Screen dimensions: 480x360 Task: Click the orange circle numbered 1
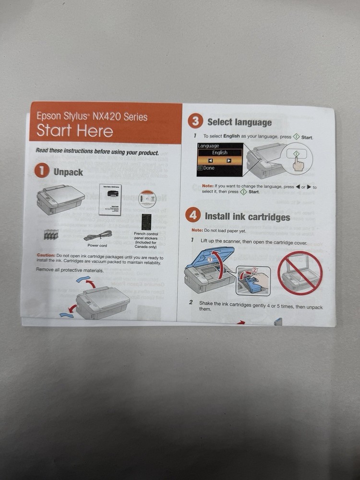coord(42,171)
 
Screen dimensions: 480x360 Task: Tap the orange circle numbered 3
coord(195,121)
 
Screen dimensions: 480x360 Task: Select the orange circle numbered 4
coord(193,216)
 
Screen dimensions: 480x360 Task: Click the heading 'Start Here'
coord(75,131)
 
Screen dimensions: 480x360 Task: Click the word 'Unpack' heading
coord(68,172)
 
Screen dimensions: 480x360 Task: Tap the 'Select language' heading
coord(239,122)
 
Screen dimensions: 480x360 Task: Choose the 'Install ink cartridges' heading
coord(247,216)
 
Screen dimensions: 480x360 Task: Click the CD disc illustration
coord(147,199)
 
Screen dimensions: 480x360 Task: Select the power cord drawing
coord(98,236)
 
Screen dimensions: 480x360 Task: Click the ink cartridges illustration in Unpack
coord(51,235)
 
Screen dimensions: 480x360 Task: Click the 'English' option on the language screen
coord(220,153)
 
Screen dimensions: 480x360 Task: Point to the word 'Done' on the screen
coord(209,168)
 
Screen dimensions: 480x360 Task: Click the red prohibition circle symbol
coord(300,273)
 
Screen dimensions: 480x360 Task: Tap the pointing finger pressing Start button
coord(298,164)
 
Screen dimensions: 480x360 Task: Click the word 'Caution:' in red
coord(46,255)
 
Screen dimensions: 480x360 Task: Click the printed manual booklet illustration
coord(110,199)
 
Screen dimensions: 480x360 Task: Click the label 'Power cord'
coord(97,245)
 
